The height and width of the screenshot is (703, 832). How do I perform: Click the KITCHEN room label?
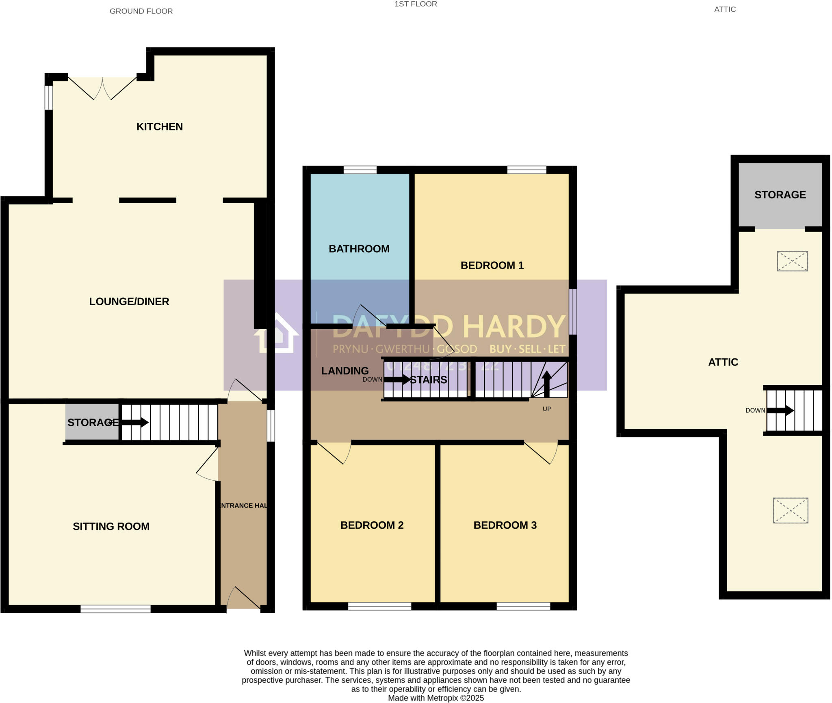coord(159,127)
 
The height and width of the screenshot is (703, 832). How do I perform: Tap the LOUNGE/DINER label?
coord(129,302)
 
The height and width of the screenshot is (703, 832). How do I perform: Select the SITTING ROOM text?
coord(111,526)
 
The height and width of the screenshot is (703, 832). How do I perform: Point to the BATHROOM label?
coord(359,249)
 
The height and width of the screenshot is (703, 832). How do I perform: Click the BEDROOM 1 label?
coord(492,265)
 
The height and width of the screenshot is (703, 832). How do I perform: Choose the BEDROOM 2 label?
coord(372,525)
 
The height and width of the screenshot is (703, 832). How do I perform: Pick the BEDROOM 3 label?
coord(505,525)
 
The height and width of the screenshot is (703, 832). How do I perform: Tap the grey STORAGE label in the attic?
coord(780,195)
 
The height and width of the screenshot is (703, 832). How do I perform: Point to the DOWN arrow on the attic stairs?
coord(780,410)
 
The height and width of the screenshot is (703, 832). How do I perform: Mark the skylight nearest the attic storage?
coord(792,261)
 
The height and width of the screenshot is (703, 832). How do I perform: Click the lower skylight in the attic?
coord(790,510)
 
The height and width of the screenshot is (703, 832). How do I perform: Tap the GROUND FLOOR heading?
coord(141,11)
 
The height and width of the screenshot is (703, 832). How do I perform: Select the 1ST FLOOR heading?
coord(416,4)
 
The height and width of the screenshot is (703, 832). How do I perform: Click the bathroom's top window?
coord(360,170)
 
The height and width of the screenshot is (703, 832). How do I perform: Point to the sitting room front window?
coord(115,609)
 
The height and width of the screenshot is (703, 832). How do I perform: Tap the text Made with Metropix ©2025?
coord(435,698)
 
